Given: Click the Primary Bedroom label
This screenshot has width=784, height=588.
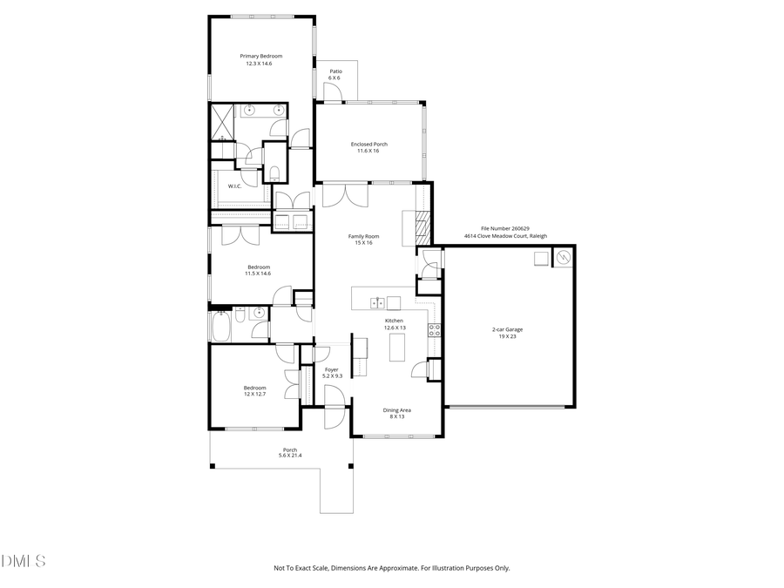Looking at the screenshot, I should point(260,59).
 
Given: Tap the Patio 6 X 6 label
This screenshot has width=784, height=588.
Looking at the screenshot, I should point(335,74).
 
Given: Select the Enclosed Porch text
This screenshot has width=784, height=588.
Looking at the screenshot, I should point(368,147).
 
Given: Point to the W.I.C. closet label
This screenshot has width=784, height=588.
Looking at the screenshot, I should point(234,186).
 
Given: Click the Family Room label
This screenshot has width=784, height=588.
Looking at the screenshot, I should point(363,240).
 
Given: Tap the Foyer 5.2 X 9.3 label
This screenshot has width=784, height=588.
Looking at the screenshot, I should point(332,373).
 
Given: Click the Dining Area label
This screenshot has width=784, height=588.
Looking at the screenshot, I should point(396,413).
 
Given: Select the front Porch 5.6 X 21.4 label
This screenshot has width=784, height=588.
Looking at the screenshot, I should point(289,452).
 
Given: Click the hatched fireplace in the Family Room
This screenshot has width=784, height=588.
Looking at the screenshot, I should point(422,228).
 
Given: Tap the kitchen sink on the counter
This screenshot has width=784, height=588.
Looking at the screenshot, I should point(377,302).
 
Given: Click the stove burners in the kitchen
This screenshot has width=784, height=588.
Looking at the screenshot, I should point(433,329).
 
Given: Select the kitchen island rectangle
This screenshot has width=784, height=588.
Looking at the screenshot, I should point(396,348).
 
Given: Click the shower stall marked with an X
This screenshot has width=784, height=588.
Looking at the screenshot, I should point(221,123).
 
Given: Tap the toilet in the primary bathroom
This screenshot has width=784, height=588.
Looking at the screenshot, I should point(274,172).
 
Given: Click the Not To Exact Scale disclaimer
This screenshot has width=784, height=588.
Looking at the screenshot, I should point(391,568).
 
